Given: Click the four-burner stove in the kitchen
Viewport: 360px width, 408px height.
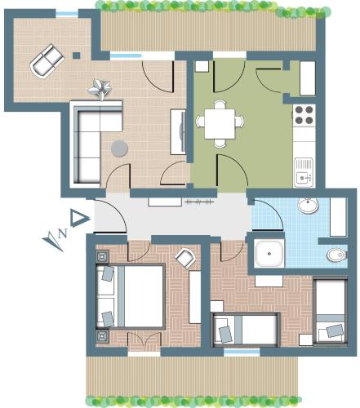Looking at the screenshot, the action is pyautogui.click(x=304, y=114).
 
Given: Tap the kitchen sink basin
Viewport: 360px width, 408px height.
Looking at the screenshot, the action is pyautogui.click(x=302, y=178).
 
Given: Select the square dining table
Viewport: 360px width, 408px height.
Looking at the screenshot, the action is pyautogui.click(x=220, y=124).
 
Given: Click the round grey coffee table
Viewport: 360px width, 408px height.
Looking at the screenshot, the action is pyautogui.click(x=119, y=149).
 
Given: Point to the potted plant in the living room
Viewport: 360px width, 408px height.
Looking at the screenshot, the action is pyautogui.click(x=100, y=88).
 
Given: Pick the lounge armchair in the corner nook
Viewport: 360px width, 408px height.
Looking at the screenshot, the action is pyautogui.click(x=47, y=61).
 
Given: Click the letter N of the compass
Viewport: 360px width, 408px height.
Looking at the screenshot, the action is pyautogui.click(x=62, y=233).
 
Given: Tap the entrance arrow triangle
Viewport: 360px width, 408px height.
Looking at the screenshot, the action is pyautogui.click(x=79, y=218).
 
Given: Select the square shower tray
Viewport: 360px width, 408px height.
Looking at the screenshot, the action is pyautogui.click(x=269, y=254).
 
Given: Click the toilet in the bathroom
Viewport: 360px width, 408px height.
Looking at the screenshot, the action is pyautogui.click(x=336, y=255).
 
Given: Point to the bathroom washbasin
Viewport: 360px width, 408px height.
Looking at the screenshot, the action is pyautogui.click(x=308, y=206).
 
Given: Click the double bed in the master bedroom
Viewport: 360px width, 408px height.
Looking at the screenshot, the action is pyautogui.click(x=131, y=296).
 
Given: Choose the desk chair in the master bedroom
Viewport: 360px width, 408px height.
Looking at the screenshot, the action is pyautogui.click(x=185, y=258).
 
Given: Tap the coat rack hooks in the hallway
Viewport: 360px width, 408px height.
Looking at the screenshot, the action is pyautogui.click(x=199, y=202).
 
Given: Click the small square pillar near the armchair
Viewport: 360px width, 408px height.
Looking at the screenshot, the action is pyautogui.click(x=77, y=55).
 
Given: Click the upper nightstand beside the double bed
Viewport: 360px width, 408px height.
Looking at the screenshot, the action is pyautogui.click(x=103, y=256).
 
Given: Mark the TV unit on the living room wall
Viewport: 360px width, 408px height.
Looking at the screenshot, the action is pyautogui.click(x=178, y=132).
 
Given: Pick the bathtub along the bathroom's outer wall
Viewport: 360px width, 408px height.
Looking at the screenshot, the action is pyautogui.click(x=338, y=217).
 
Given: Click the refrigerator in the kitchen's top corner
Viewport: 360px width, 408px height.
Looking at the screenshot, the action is pyautogui.click(x=308, y=78).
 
